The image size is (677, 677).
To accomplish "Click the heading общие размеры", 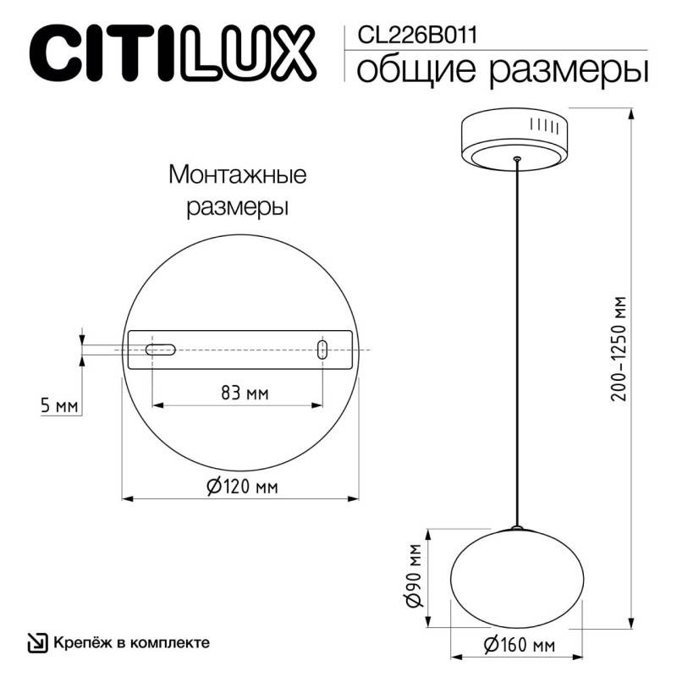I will pos(503,69).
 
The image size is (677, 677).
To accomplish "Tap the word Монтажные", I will pos(237,175).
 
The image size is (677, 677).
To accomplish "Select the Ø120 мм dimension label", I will pos(242,487).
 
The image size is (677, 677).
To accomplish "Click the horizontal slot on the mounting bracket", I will pos(159,349).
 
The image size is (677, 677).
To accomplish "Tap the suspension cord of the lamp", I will pos(516,338).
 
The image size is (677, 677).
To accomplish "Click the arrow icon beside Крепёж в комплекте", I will pos(38,643).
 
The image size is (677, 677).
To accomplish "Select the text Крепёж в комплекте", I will pos(131,643).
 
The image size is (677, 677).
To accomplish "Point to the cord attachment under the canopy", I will pos(516,158).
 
